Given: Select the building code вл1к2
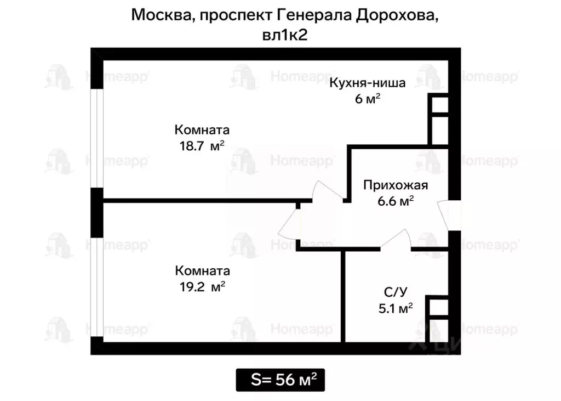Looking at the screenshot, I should point(285,35).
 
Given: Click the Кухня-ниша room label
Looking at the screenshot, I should point(367,83).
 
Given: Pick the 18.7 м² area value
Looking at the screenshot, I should point(201,146).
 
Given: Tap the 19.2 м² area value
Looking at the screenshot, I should point(201,286).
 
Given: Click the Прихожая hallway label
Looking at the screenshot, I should point(395,185).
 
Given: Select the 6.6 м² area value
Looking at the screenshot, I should point(395,201).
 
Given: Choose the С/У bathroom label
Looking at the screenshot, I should point(395,291).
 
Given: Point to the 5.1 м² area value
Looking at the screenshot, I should point(395,308).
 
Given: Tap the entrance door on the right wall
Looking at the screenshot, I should point(453,216).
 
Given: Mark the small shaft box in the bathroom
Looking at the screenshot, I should point(438,307).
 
